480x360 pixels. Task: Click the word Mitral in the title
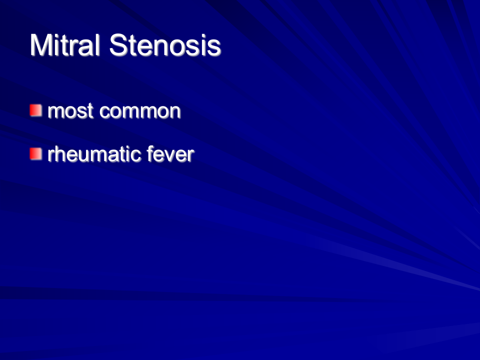tap(65, 44)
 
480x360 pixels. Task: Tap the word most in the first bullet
tap(70, 111)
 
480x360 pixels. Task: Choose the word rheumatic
tap(94, 154)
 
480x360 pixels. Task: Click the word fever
tap(170, 154)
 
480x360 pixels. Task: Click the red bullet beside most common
tap(36, 110)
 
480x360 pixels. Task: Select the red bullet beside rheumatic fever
tap(36, 154)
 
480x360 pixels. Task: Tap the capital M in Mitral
tap(40, 44)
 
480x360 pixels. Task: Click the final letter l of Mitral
tap(97, 44)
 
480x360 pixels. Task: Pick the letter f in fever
tap(150, 153)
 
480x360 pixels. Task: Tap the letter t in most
tap(90, 111)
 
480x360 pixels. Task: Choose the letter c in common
tap(104, 112)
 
